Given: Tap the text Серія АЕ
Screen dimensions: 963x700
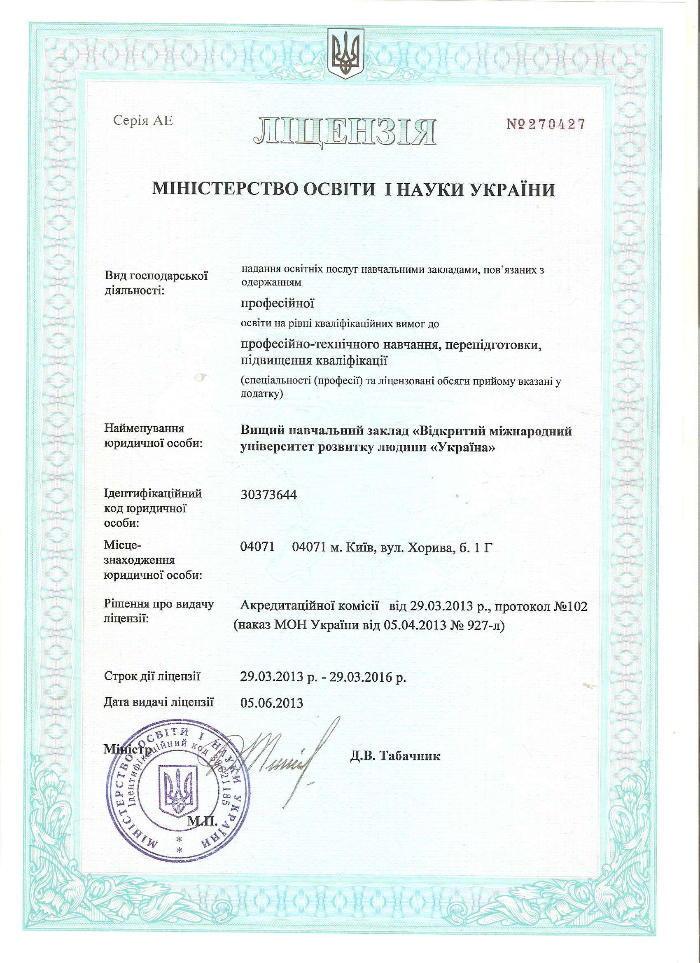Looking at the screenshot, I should coord(143,121).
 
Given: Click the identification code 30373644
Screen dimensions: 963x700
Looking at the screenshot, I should coord(268,495).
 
